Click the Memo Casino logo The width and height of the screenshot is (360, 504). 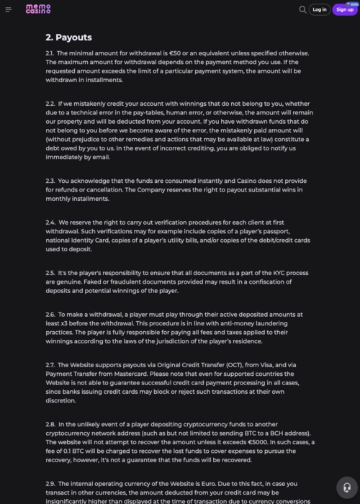click(x=38, y=9)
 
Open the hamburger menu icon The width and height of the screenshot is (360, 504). click(x=9, y=9)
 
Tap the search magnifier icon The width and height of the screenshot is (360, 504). click(x=302, y=9)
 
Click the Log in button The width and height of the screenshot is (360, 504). click(x=320, y=9)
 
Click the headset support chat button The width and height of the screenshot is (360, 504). click(x=347, y=487)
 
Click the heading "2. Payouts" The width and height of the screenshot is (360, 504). click(x=68, y=37)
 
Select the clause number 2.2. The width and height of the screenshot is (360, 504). click(x=50, y=104)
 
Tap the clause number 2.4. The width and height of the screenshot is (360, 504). click(x=50, y=222)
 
